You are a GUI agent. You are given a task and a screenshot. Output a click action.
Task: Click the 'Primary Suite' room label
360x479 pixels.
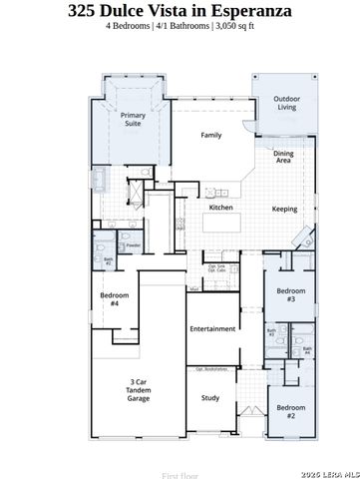133,121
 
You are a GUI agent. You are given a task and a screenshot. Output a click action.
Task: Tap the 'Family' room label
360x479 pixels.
210,135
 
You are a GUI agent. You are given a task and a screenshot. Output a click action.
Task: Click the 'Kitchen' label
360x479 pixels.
220,208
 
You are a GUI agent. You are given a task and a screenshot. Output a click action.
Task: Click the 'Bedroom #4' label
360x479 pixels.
111,299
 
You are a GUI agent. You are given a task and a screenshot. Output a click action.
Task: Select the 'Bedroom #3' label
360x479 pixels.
290,294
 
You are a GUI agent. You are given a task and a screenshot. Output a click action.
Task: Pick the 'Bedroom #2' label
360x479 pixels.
290,411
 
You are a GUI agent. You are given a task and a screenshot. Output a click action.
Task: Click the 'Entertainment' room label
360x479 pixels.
211,328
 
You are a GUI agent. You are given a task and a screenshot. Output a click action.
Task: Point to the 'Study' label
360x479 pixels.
210,398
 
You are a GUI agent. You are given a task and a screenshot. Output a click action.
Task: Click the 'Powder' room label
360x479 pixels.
133,245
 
